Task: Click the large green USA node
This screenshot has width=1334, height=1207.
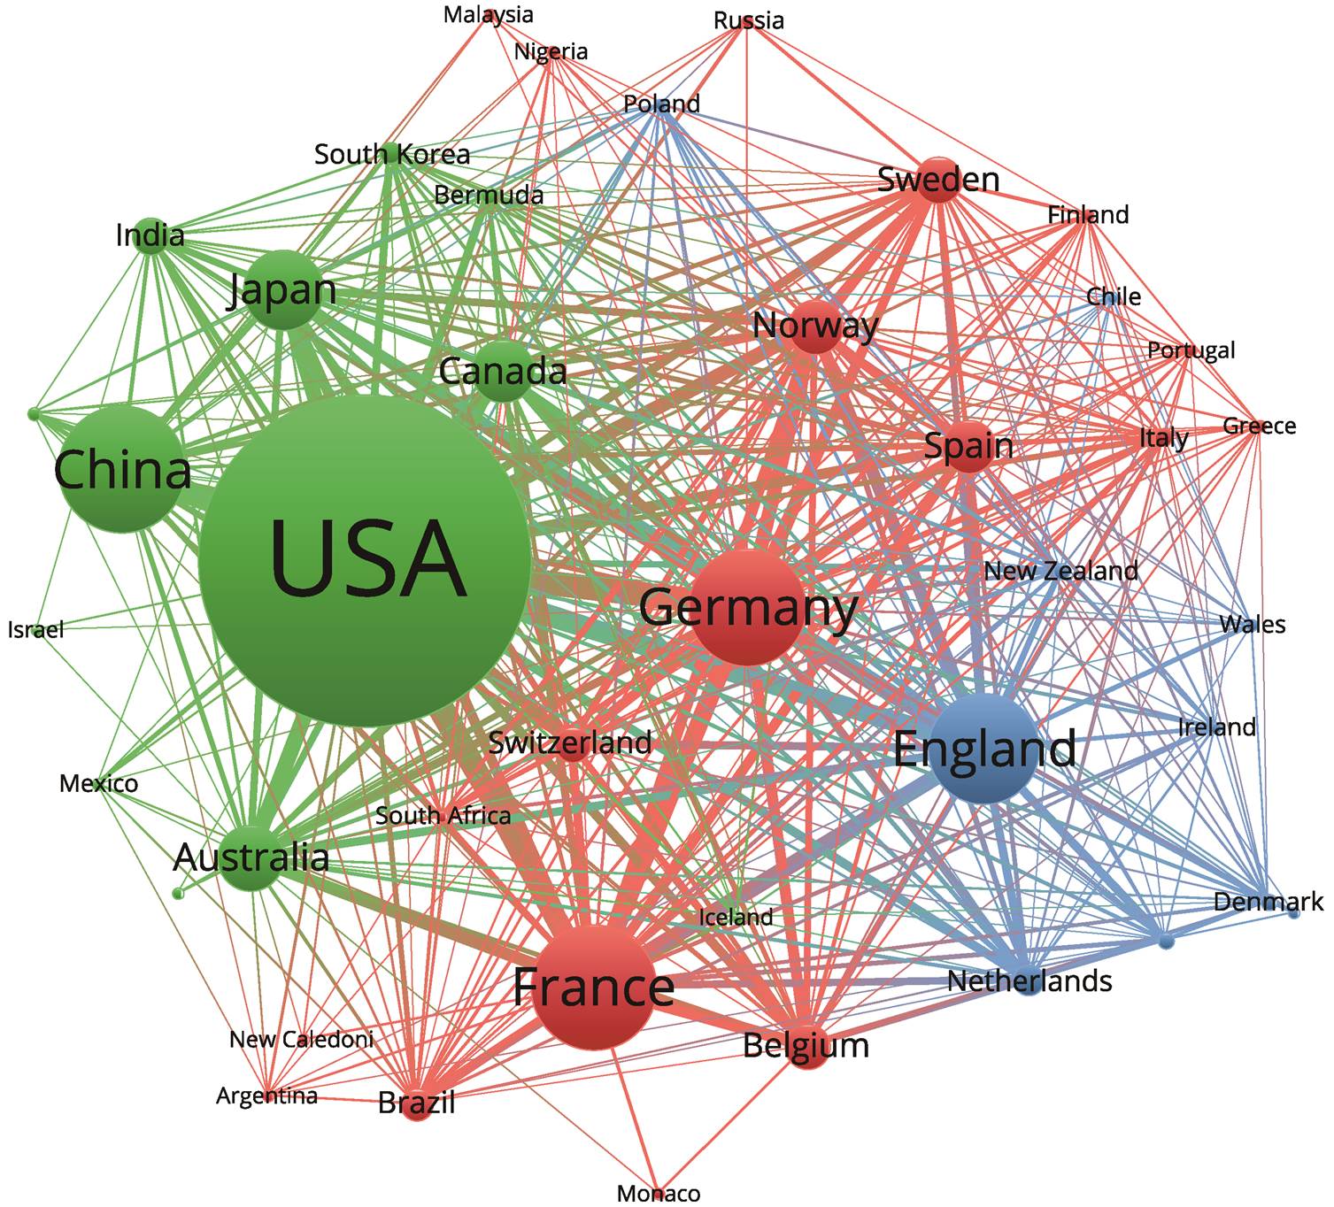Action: click(365, 561)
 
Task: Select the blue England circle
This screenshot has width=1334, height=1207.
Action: click(985, 749)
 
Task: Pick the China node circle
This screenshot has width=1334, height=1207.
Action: click(121, 471)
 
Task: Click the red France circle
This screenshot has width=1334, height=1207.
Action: click(594, 988)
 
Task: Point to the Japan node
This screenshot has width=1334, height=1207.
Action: click(284, 290)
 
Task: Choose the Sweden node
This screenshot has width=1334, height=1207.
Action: click(937, 180)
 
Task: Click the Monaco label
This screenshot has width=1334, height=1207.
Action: click(659, 1193)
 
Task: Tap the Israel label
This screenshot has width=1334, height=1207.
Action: click(36, 629)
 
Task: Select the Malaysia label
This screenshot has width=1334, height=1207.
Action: click(488, 15)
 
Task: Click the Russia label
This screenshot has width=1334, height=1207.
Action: click(749, 20)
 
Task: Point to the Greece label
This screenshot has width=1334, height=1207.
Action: click(1260, 426)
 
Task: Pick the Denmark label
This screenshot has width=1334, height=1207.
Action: click(1268, 902)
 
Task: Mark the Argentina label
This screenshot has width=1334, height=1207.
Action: click(266, 1096)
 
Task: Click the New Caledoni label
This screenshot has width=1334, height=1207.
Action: click(301, 1039)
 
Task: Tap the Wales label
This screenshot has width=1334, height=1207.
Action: click(1253, 625)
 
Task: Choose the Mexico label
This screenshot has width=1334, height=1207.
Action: click(98, 783)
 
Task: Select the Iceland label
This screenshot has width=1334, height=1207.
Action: click(736, 917)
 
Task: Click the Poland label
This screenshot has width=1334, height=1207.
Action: click(661, 104)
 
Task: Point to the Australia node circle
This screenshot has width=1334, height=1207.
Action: click(251, 857)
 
